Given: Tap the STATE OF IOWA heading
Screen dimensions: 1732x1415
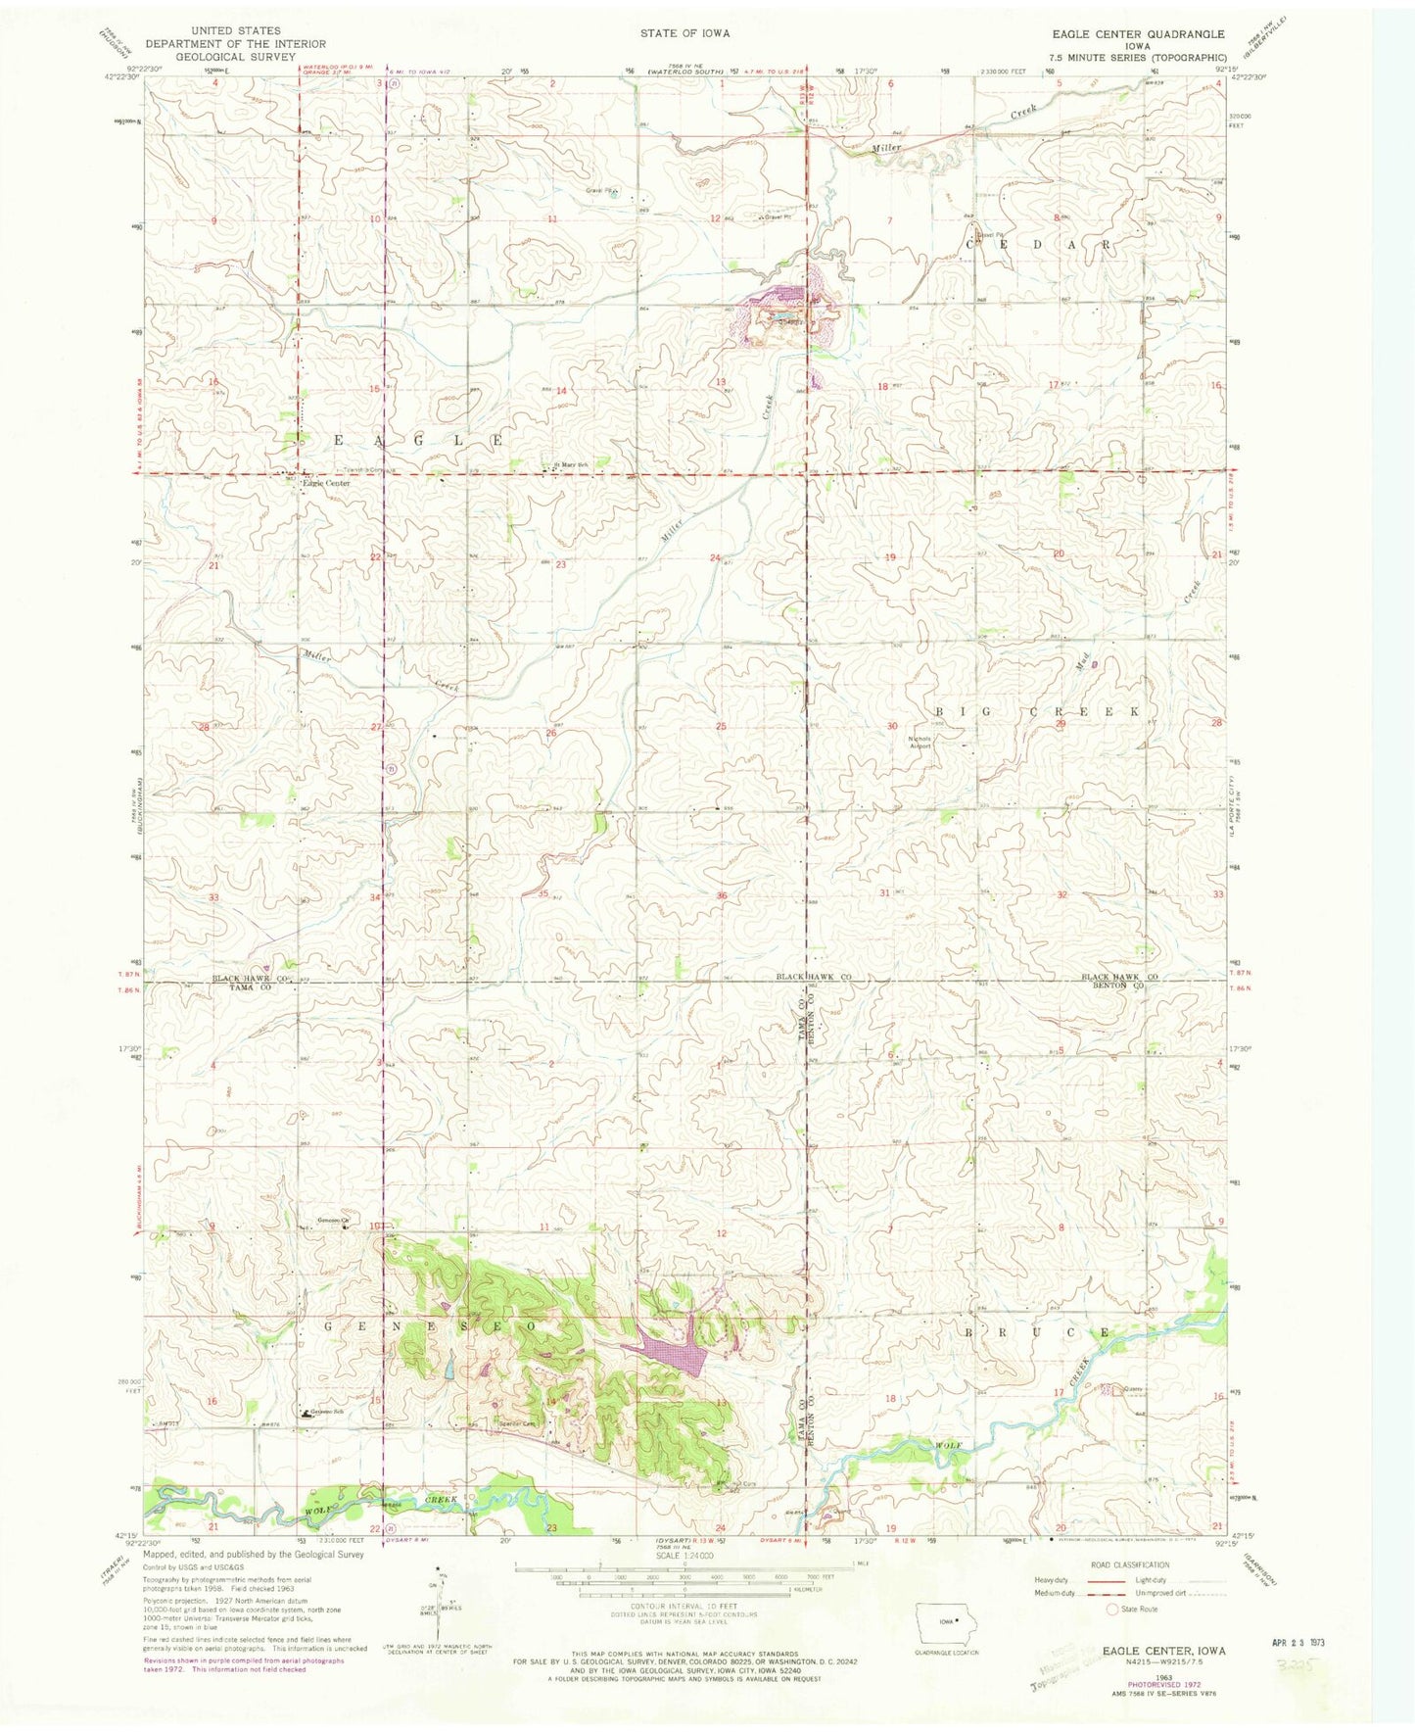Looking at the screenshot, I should [x=684, y=33].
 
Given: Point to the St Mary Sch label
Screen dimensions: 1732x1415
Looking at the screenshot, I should [x=571, y=465].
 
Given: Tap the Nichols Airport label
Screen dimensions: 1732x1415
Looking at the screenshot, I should [x=920, y=741].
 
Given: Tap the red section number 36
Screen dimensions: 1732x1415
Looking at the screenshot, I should [x=722, y=895].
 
